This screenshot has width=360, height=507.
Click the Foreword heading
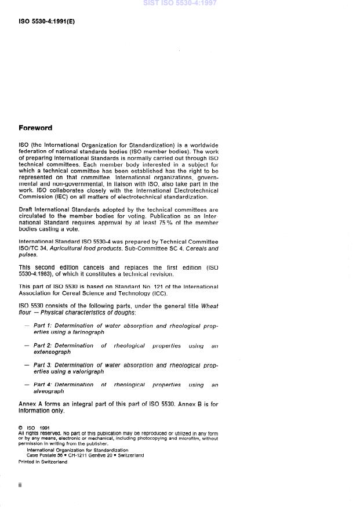click(35, 128)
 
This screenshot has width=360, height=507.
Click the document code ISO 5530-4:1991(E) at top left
click(47, 22)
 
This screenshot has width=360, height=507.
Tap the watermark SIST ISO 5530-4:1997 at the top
click(180, 3)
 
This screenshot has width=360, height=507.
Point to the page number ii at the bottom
click(20, 485)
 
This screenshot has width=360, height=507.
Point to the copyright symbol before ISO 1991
click(21, 428)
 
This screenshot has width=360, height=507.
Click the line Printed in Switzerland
click(43, 462)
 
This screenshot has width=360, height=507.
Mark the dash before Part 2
click(27, 346)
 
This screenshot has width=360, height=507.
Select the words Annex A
click(30, 404)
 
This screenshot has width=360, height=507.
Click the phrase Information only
click(42, 411)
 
